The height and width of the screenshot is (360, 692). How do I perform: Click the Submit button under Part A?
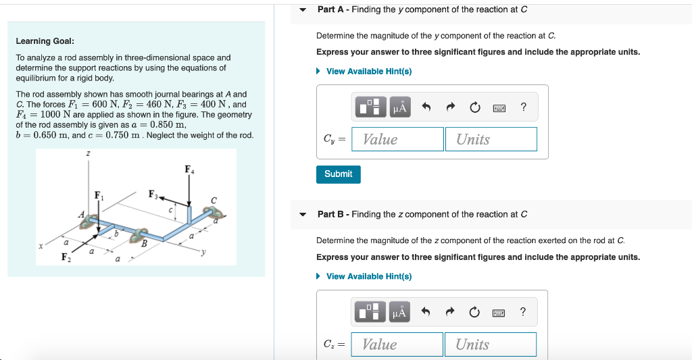(x=338, y=174)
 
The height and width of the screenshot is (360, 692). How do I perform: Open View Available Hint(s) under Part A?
(x=368, y=72)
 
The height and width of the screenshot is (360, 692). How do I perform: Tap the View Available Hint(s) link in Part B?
(x=368, y=276)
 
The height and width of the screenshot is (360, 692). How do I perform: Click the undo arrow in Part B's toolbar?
(x=426, y=312)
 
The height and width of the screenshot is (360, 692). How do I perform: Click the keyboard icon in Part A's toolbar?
(x=500, y=107)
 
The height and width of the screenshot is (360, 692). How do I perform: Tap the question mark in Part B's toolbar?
(x=523, y=312)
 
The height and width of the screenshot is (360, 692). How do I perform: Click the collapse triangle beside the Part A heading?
(x=303, y=10)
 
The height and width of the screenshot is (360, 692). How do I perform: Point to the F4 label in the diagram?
(x=189, y=170)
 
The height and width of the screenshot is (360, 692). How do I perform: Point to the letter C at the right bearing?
(x=214, y=200)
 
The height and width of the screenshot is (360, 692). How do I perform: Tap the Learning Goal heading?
(x=45, y=41)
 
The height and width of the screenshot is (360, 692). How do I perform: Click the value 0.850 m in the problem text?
(x=166, y=125)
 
